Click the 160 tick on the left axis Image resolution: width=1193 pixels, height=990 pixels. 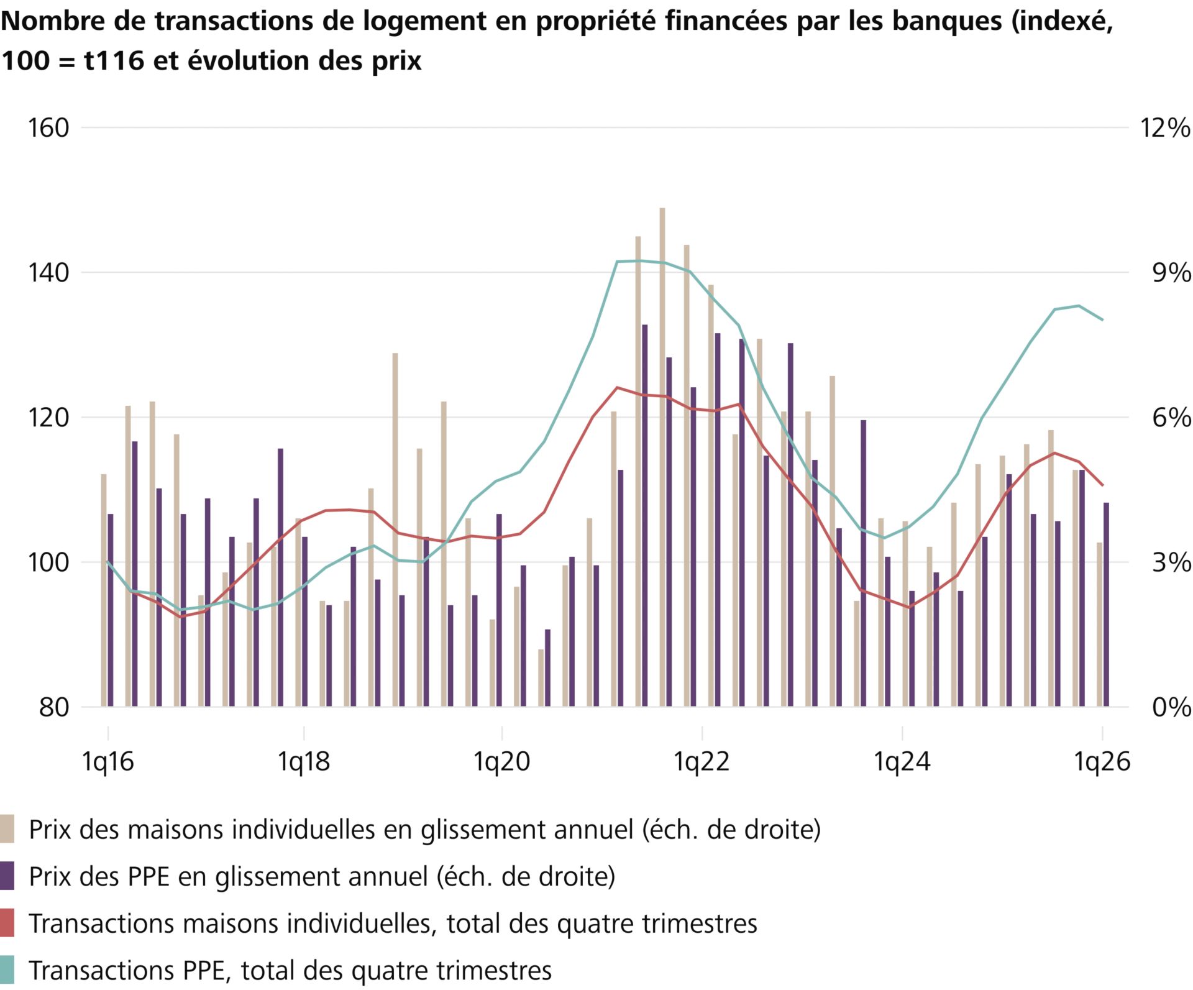(x=48, y=128)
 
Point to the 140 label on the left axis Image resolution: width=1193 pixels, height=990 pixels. (x=48, y=273)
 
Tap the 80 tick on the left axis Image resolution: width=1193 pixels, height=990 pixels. (x=54, y=707)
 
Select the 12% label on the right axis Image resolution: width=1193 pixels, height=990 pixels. (x=1164, y=128)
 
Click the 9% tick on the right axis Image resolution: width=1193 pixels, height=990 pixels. (x=1171, y=273)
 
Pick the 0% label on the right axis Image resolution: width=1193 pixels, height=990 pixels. (x=1171, y=707)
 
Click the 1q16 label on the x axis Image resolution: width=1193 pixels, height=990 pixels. (x=108, y=761)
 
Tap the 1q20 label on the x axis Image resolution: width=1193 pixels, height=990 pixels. (x=502, y=761)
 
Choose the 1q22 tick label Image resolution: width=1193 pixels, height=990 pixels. (x=702, y=761)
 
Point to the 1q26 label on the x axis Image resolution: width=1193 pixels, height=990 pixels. (x=1103, y=761)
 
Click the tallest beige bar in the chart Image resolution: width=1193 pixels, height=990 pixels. (x=662, y=457)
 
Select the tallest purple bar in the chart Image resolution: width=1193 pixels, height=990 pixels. (x=645, y=516)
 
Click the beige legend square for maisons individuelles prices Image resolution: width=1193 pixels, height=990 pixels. (x=7, y=829)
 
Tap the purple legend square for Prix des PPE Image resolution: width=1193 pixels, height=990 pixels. (x=7, y=876)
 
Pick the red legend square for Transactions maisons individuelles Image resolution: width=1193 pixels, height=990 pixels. (x=7, y=923)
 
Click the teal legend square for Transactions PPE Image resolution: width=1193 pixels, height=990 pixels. (x=7, y=970)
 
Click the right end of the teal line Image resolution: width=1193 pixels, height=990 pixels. (x=1103, y=320)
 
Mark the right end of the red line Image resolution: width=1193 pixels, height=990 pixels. (x=1103, y=485)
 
